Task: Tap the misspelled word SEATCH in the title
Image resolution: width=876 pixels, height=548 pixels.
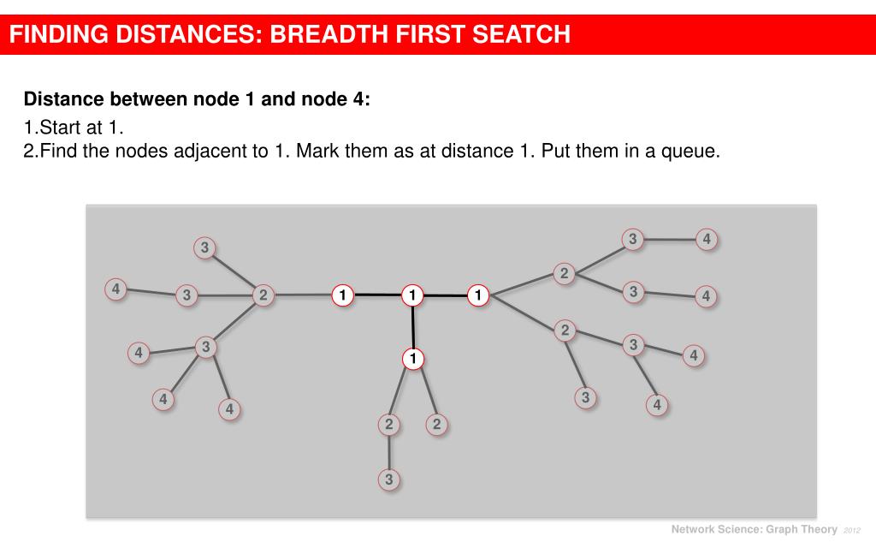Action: point(518,34)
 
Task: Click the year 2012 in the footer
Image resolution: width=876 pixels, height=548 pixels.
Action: point(853,530)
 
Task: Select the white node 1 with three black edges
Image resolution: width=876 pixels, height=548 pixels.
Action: point(412,295)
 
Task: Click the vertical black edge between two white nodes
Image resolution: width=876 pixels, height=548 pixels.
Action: point(412,326)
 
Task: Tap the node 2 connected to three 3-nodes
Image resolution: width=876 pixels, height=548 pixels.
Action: point(263,295)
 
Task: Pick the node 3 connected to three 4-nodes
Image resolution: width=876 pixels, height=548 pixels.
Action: point(204,347)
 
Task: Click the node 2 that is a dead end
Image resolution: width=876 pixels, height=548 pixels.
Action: point(436,424)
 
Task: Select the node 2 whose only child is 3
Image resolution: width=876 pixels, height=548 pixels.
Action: point(389,424)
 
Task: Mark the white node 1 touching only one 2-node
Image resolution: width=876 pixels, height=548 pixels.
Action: point(342,295)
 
